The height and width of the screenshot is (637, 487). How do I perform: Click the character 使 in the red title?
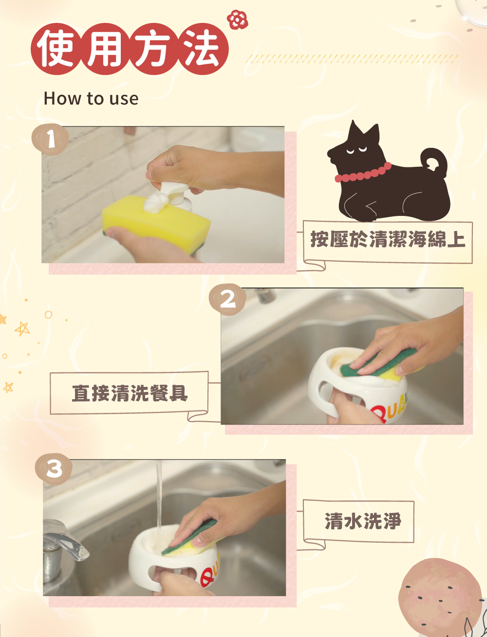(56, 48)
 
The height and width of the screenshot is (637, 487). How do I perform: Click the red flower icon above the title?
(237, 19)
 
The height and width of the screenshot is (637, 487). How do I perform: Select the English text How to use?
(91, 98)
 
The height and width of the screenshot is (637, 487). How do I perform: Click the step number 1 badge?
(50, 140)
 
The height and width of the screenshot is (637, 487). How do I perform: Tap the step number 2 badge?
(227, 299)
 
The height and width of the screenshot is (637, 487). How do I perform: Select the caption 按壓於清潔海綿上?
(388, 240)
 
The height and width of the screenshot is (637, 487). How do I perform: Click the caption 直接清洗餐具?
(130, 393)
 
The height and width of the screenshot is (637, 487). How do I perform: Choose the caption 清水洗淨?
(363, 521)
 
